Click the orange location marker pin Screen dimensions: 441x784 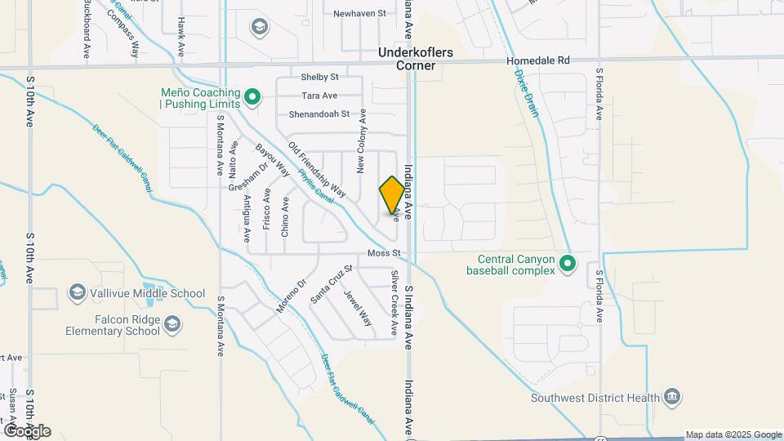[x=392, y=194]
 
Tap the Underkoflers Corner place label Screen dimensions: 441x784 [x=417, y=58]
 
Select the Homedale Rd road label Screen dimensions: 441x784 [x=537, y=60]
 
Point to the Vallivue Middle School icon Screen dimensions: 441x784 [x=78, y=292]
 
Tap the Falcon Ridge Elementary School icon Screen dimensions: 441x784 [x=172, y=325]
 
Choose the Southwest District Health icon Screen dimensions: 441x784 [x=671, y=397]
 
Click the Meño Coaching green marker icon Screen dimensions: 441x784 [x=253, y=98]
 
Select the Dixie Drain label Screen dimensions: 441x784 [x=527, y=91]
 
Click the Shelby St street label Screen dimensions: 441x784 [x=319, y=77]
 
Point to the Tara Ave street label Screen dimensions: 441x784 [x=319, y=96]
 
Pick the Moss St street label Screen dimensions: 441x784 [x=383, y=254]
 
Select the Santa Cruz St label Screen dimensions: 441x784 [x=331, y=284]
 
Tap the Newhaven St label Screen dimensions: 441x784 [x=359, y=13]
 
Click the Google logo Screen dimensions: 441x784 [x=27, y=431]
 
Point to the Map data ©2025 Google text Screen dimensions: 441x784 [x=733, y=434]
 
